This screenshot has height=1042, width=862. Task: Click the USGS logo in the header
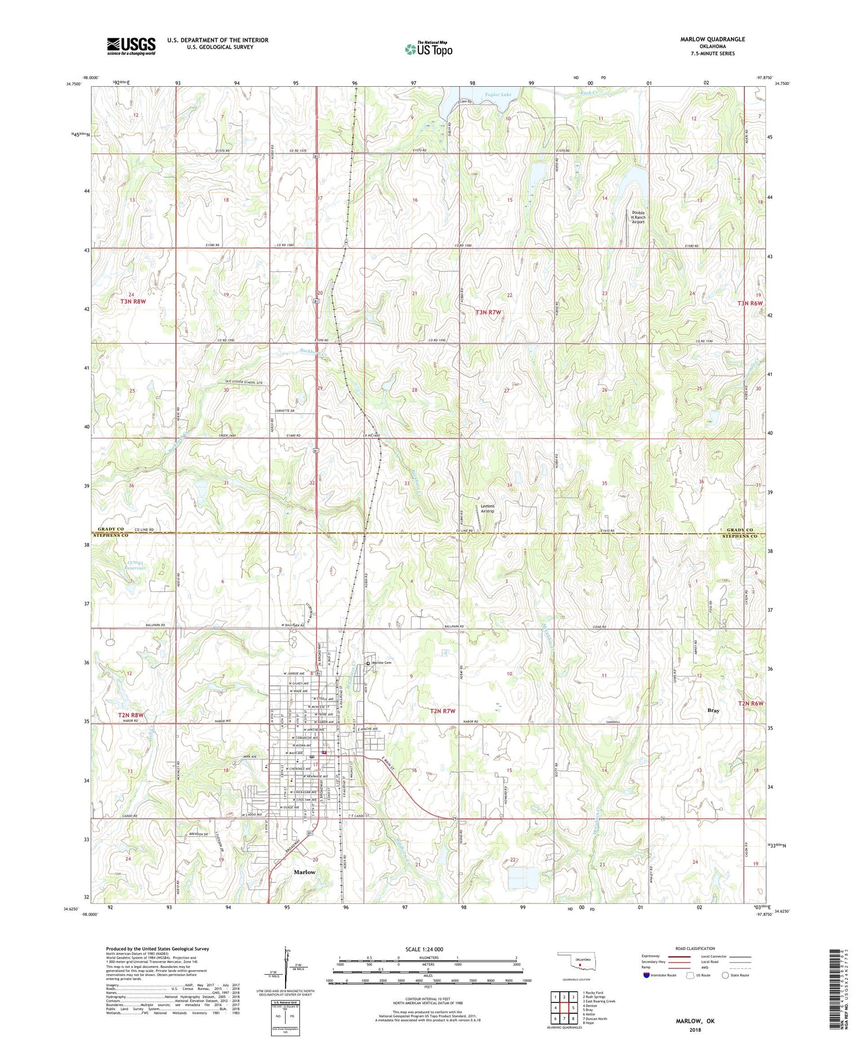click(x=131, y=46)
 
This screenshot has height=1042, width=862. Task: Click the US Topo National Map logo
click(x=428, y=49)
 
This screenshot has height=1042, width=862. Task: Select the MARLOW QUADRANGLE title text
click(x=712, y=39)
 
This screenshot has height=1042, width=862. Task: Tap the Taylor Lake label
click(x=498, y=94)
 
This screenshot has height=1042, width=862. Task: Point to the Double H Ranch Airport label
click(x=638, y=217)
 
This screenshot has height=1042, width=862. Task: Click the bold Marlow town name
click(x=305, y=872)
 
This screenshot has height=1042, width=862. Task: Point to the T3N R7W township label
click(x=488, y=312)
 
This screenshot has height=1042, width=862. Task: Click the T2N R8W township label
click(x=131, y=715)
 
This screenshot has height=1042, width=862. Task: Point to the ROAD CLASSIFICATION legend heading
click(x=695, y=948)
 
